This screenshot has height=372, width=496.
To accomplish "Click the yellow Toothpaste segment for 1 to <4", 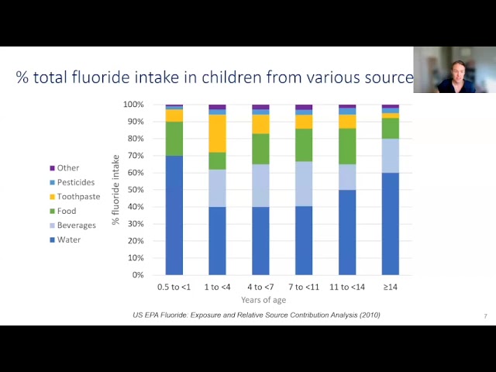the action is (217, 133).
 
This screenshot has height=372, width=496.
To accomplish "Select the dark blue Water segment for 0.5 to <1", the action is (174, 215).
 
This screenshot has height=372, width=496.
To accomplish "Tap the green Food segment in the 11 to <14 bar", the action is (347, 146).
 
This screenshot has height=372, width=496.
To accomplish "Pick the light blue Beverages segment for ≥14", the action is (391, 156).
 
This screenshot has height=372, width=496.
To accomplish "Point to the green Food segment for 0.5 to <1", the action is (174, 139).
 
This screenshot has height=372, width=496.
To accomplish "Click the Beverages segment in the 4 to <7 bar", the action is (260, 186).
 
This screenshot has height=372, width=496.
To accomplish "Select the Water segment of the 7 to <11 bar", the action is (304, 241).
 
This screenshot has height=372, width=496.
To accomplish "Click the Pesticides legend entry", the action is (72, 183).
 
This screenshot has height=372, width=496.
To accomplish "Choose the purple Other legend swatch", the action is (53, 168).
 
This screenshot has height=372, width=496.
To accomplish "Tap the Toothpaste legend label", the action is (79, 197).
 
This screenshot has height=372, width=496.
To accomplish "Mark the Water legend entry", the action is (65, 239).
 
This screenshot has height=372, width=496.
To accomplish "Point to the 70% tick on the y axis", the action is (136, 156).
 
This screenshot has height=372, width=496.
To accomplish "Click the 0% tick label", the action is (138, 275).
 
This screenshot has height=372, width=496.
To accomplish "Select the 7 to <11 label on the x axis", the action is (304, 288).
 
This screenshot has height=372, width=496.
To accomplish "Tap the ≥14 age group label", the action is (391, 288).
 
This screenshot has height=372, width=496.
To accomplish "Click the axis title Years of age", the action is (263, 300).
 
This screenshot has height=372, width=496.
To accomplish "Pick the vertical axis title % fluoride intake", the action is (115, 190).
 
